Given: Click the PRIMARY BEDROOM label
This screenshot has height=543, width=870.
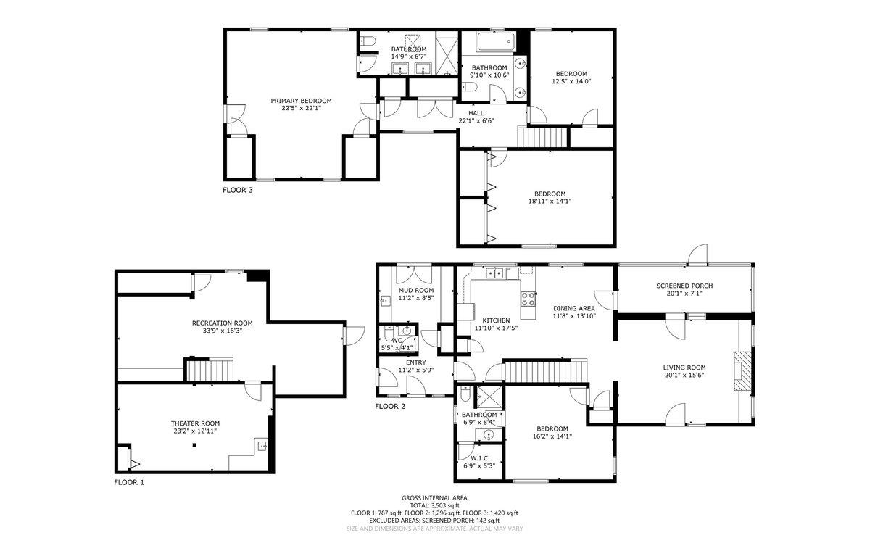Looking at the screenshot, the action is point(301,101).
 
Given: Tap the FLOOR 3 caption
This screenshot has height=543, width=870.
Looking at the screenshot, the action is point(237,190).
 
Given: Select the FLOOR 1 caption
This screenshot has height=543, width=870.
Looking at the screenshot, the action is point(128,482).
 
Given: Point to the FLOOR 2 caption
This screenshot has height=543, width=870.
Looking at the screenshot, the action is point(390,407).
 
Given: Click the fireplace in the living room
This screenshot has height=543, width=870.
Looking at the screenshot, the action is point(742,371).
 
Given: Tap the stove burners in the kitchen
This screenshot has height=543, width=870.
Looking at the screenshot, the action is point(529,299).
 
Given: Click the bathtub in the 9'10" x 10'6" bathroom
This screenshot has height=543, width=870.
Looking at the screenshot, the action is point(496,42).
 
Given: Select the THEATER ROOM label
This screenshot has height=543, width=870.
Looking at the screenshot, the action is point(195,423).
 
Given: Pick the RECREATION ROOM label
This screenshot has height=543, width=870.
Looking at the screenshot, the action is point(222,323).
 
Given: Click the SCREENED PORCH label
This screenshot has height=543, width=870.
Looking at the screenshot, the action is point(684,286).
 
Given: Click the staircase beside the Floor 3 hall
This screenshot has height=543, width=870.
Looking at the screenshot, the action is point(542,137).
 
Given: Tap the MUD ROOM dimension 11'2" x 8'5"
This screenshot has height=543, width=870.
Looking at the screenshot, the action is point(416,298).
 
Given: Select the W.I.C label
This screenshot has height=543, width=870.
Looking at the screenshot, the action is point(479,458).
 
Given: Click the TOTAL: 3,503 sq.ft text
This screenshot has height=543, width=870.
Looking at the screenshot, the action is point(434,505).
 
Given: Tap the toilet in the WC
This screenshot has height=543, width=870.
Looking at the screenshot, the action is point(389,333).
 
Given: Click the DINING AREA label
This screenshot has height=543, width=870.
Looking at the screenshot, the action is point(574,308).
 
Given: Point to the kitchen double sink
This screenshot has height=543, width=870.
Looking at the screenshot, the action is point(494,273).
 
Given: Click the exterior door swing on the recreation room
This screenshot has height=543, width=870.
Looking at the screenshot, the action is point(354,336).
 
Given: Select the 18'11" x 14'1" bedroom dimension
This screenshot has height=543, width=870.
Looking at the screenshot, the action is point(550,202).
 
